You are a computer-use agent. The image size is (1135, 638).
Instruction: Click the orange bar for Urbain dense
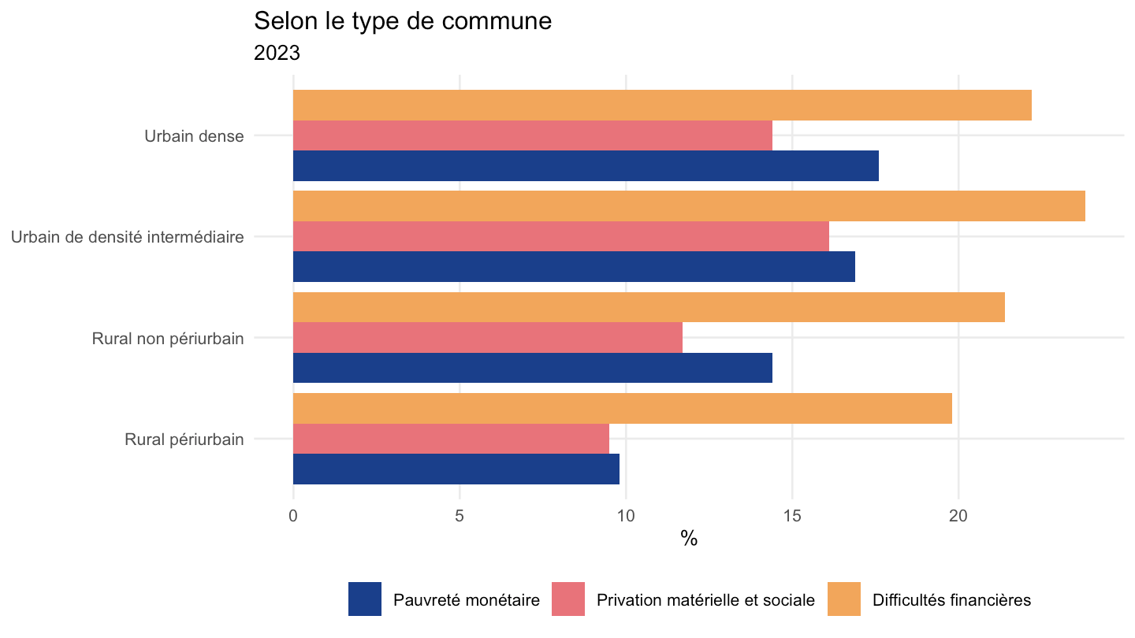[662, 106]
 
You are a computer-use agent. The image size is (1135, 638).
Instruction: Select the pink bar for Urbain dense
[533, 135]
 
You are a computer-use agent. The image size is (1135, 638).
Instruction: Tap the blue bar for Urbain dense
[586, 165]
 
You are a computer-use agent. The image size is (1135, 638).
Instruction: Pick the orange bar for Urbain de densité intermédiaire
[689, 206]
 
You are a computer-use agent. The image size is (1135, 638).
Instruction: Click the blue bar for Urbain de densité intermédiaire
[574, 266]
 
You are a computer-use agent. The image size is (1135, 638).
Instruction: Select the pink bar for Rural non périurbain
[488, 337]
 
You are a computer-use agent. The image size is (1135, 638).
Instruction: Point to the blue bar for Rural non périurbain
[533, 368]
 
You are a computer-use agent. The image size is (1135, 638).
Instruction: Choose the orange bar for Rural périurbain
[623, 408]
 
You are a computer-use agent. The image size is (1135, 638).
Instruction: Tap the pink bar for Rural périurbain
[451, 439]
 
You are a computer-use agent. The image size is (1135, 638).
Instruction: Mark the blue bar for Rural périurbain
[456, 469]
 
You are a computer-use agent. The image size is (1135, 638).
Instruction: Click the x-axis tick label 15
[792, 516]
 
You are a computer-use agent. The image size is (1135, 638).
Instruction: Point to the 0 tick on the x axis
[293, 516]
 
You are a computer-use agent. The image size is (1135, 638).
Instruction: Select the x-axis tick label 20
[958, 516]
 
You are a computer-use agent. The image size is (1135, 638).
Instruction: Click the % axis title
[689, 538]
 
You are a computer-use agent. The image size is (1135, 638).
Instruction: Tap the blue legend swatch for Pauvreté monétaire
[365, 599]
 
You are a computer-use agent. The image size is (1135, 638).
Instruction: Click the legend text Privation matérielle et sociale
[706, 600]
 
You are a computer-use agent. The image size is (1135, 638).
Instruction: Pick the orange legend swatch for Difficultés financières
[844, 599]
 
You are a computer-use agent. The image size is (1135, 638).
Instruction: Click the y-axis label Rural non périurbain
[168, 338]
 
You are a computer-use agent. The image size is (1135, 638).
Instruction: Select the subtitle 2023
[277, 53]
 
